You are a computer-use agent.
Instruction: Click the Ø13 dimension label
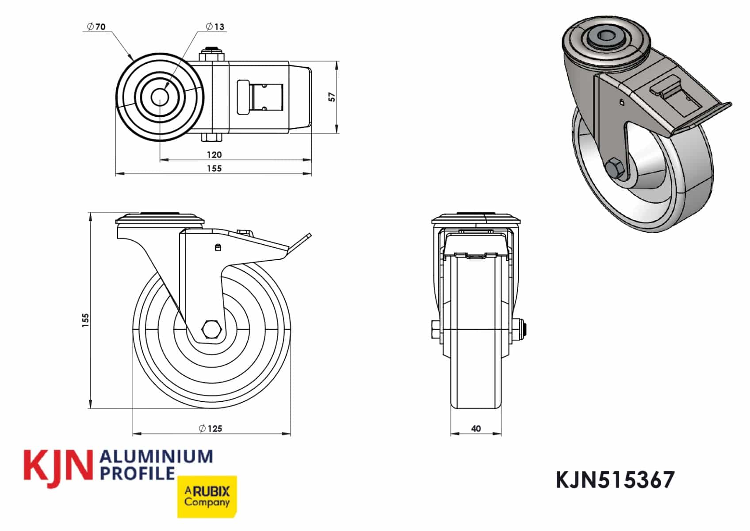click(215, 27)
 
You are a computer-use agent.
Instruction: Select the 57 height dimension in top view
click(332, 97)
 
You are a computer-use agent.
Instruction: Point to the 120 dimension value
click(214, 155)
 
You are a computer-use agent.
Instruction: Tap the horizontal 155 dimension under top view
click(214, 169)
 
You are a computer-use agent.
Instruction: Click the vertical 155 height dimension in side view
click(86, 320)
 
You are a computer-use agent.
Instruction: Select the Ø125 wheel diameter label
click(211, 428)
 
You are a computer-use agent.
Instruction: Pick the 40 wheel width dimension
click(476, 428)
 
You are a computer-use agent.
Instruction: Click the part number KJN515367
click(615, 480)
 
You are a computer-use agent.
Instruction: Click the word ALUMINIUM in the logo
click(157, 457)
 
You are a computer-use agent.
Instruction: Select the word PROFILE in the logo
click(138, 473)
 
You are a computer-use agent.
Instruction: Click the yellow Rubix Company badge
click(207, 496)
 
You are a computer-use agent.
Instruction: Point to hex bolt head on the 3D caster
click(615, 168)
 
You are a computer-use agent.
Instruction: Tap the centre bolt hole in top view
click(160, 96)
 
